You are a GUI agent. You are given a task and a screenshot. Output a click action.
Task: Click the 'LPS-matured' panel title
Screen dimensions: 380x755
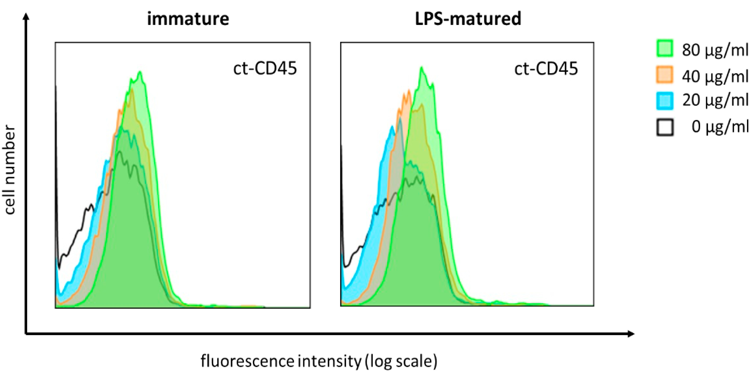(x=468, y=19)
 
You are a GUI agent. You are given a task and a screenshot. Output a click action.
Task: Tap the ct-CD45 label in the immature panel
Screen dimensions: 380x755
(x=265, y=69)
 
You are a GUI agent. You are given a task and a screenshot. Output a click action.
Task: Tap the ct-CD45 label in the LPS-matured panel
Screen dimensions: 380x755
(x=546, y=69)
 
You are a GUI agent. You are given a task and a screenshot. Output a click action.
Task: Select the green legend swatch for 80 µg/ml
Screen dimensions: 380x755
(x=665, y=48)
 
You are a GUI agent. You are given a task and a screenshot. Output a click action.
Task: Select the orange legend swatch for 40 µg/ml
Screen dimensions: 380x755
(x=665, y=75)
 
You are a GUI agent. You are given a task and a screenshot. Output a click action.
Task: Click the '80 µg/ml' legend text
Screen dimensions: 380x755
(x=715, y=50)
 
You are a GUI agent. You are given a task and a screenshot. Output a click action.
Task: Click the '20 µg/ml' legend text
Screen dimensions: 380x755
(x=715, y=100)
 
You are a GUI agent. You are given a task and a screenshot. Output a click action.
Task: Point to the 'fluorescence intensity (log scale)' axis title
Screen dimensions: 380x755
(x=319, y=361)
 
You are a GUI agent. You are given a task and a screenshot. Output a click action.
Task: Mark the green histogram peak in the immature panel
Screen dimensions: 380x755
(x=140, y=72)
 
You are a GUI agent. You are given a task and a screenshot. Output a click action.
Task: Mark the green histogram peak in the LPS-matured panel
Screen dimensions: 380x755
(x=421, y=68)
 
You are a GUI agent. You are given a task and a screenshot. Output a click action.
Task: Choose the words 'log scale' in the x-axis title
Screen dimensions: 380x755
(x=401, y=361)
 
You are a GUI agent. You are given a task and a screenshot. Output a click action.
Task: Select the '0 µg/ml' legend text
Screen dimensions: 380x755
(x=720, y=127)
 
